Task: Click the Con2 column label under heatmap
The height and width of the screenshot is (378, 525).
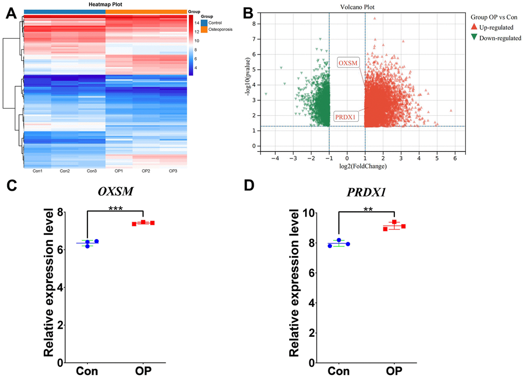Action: [x=64, y=171]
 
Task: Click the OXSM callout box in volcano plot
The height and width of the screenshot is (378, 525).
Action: [x=349, y=63]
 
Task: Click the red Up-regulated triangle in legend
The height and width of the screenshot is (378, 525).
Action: [x=475, y=27]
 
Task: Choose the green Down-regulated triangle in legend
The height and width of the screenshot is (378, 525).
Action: [x=475, y=38]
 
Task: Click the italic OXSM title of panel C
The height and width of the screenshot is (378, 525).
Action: [x=115, y=191]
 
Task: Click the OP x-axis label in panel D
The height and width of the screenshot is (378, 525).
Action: [x=394, y=371]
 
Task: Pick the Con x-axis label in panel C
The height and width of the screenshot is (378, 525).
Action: [x=87, y=371]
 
